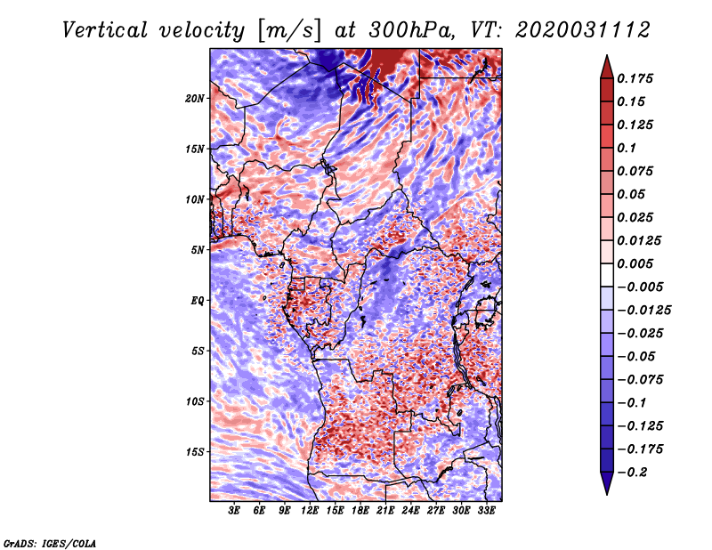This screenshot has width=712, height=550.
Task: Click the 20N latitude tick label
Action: (x=196, y=98)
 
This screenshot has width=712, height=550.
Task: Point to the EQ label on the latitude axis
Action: (x=198, y=301)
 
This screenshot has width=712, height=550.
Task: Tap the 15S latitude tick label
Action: (x=196, y=452)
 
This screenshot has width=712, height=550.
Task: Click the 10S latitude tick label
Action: (x=196, y=401)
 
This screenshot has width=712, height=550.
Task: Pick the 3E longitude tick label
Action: (x=235, y=511)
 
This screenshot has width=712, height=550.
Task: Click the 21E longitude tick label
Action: (x=386, y=511)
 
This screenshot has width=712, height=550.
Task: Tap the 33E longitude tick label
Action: (x=487, y=511)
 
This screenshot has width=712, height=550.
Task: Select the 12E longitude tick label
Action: (x=311, y=511)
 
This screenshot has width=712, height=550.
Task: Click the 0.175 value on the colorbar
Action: (x=638, y=78)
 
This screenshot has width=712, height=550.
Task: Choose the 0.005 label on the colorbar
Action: (x=638, y=264)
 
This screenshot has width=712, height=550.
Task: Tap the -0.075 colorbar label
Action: (x=643, y=379)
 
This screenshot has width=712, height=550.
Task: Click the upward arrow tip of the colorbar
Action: (x=606, y=57)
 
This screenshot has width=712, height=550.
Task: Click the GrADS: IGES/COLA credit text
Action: (x=50, y=542)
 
